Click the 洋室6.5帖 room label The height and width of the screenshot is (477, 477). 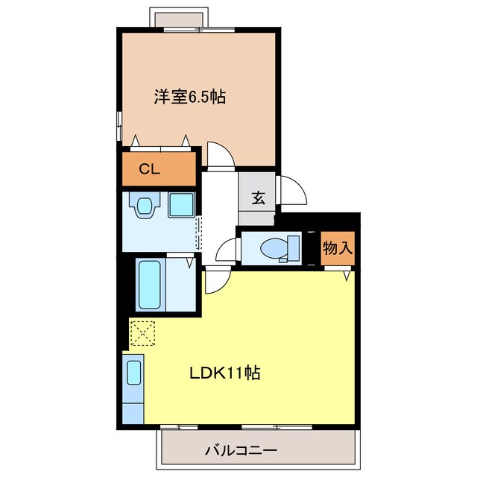[x=191, y=97]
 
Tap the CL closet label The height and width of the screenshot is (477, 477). [x=150, y=168]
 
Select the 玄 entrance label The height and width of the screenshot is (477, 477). [x=258, y=198]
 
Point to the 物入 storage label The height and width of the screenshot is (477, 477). [x=337, y=247]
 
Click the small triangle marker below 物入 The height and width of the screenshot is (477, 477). [x=348, y=276]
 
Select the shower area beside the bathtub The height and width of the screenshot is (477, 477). [x=182, y=286]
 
